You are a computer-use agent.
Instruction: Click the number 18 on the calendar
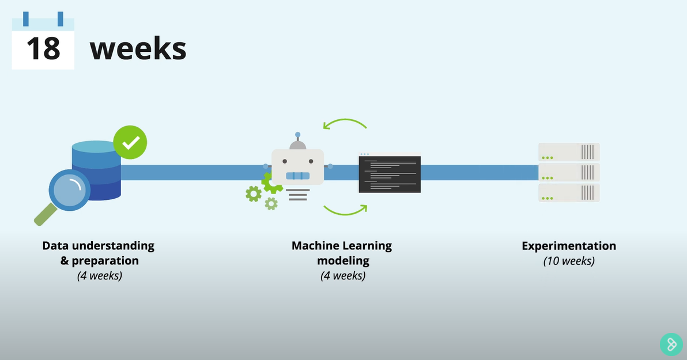(43, 49)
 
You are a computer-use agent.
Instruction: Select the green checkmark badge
(130, 143)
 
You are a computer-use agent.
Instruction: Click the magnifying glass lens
(69, 191)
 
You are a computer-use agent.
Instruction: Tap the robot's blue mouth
(298, 175)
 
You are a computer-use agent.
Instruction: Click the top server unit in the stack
(569, 152)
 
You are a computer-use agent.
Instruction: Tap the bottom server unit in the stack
(569, 192)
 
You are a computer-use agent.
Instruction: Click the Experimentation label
(569, 246)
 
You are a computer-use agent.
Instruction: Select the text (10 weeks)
(569, 261)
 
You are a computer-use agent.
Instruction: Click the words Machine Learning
(341, 246)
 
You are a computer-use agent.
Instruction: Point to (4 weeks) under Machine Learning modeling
(343, 276)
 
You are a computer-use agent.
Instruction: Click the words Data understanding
(99, 246)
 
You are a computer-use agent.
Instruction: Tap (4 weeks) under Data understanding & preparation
(100, 276)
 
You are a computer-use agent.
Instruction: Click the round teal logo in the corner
(671, 344)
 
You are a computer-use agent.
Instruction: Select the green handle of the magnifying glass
(45, 216)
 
